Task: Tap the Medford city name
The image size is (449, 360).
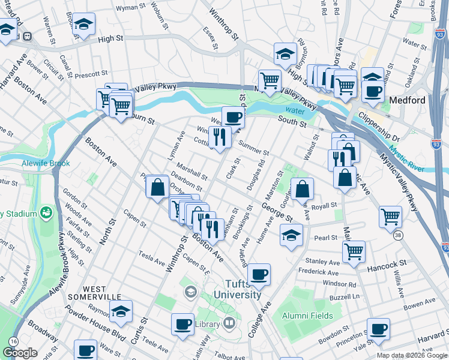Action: click(408, 100)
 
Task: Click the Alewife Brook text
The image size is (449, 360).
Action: click(46, 163)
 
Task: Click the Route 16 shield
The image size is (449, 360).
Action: click(13, 341)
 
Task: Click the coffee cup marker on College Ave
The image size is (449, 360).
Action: click(259, 275)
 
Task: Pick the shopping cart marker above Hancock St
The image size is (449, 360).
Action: click(354, 251)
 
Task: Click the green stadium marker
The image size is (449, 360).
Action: click(46, 213)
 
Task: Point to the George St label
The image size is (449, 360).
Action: click(276, 212)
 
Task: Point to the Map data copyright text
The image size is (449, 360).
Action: click(412, 355)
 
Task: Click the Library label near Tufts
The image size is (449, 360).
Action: click(207, 324)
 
